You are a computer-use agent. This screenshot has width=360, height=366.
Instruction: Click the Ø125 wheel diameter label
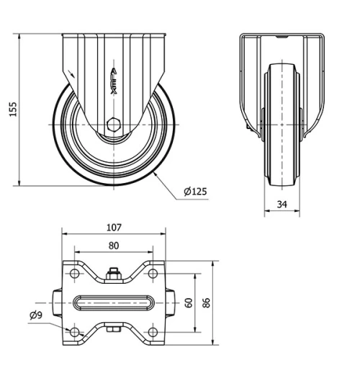195,191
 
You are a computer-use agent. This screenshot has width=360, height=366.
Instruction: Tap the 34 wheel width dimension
282,205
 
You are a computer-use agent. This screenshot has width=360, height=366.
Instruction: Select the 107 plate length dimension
114,227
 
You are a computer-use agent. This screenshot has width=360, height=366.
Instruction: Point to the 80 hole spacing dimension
114,245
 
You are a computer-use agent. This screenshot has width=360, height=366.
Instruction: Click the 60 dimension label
189,303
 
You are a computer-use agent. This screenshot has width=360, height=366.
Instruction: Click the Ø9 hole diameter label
35,315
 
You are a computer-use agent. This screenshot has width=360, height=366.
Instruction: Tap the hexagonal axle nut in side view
114,123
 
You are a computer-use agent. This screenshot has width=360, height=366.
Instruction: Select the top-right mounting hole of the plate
153,274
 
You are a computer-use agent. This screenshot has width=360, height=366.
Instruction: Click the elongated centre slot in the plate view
113,303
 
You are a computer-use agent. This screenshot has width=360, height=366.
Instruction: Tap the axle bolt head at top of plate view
113,274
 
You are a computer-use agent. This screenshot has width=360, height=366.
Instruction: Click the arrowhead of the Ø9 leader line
70,329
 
